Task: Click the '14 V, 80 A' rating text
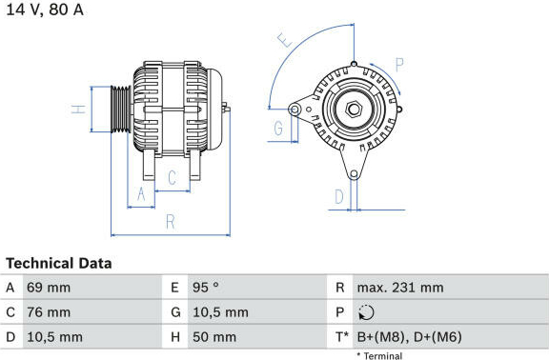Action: [x=45, y=10]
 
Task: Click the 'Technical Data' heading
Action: [x=59, y=264]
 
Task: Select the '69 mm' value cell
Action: [x=49, y=288]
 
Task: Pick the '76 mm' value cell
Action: [x=49, y=312]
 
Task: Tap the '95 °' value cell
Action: [x=206, y=288]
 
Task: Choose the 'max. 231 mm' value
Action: [x=400, y=288]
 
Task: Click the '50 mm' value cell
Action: [x=214, y=337]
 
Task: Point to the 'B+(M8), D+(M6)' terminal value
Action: [x=409, y=337]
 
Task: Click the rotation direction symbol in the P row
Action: [x=366, y=312]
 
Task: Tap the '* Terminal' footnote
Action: [x=379, y=356]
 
